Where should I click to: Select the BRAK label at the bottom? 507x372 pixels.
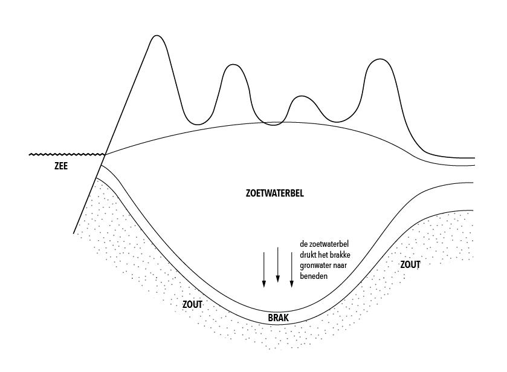point(278,317)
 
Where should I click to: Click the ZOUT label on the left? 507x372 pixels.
point(192,304)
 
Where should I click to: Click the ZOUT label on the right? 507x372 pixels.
point(410,264)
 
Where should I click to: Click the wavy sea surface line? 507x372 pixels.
point(66,155)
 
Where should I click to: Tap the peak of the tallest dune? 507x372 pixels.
point(157,36)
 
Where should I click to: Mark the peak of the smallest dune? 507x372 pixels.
point(300,96)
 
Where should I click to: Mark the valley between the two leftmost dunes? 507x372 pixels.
point(198,125)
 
